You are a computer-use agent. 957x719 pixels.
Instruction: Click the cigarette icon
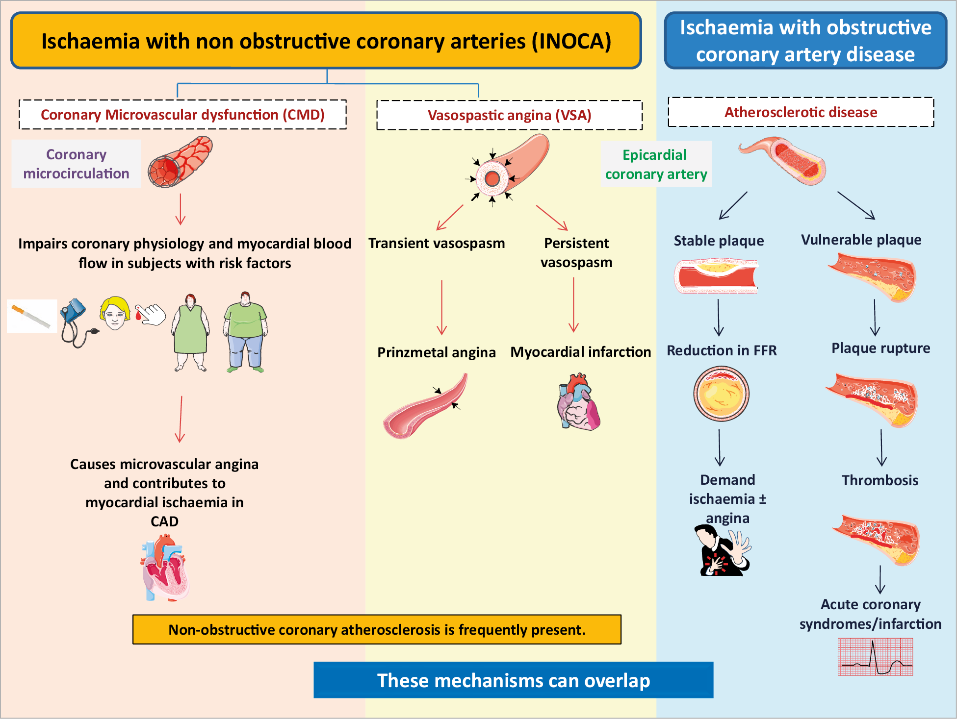[31, 316]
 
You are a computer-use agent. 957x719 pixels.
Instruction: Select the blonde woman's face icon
[115, 313]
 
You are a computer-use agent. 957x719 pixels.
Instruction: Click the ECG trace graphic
[876, 657]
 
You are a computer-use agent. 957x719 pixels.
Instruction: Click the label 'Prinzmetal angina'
[436, 352]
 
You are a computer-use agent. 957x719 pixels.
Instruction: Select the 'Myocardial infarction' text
[581, 352]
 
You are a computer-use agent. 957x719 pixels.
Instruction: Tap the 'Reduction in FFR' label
[722, 350]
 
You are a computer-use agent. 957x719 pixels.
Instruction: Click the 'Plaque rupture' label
[880, 348]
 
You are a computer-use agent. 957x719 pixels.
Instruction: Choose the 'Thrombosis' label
[880, 480]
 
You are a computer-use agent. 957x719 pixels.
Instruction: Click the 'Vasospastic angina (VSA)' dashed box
[509, 115]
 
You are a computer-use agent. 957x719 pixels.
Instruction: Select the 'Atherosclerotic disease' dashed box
[801, 112]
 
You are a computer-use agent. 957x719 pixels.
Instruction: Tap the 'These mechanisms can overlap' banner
[514, 680]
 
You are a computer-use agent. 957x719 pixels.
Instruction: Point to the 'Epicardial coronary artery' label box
[656, 164]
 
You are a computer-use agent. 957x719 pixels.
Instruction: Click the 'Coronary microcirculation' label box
[77, 164]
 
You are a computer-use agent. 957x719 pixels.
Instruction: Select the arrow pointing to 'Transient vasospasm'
[450, 217]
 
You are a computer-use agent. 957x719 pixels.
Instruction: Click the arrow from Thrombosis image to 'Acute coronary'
[880, 580]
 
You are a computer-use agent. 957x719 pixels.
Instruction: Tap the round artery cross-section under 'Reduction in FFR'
[721, 394]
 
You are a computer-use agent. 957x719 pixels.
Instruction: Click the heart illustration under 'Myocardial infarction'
[578, 401]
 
